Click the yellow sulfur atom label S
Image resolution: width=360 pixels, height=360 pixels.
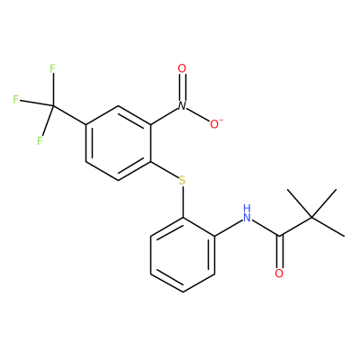[182, 181]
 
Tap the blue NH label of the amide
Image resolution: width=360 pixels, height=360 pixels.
[247, 213]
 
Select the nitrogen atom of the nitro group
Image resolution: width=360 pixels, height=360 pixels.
[182, 105]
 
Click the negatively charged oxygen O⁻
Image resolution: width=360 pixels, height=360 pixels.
[215, 124]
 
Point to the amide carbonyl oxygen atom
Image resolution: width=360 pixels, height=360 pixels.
[279, 274]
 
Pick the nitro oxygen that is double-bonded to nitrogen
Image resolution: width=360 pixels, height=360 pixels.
[182, 68]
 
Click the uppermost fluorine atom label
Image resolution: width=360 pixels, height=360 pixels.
[52, 68]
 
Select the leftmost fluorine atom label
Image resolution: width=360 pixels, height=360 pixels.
[16, 99]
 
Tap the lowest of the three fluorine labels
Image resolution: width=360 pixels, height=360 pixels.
[40, 140]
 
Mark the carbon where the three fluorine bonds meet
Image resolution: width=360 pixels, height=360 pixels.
[53, 106]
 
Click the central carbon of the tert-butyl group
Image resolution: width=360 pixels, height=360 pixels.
[311, 217]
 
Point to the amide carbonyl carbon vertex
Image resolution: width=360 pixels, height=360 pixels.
[279, 236]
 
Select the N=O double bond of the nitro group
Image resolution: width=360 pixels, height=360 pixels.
[182, 87]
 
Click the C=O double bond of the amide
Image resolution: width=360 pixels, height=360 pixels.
[279, 252]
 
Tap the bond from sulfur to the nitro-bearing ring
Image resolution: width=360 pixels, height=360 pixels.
[164, 170]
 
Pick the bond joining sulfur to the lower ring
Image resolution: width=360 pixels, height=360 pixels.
[183, 202]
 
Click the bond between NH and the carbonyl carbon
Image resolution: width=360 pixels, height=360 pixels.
[265, 228]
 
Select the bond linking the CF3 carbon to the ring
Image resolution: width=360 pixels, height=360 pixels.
[69, 115]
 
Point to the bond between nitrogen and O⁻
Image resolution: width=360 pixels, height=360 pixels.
[198, 114]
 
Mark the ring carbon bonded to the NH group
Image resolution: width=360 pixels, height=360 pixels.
[215, 236]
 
